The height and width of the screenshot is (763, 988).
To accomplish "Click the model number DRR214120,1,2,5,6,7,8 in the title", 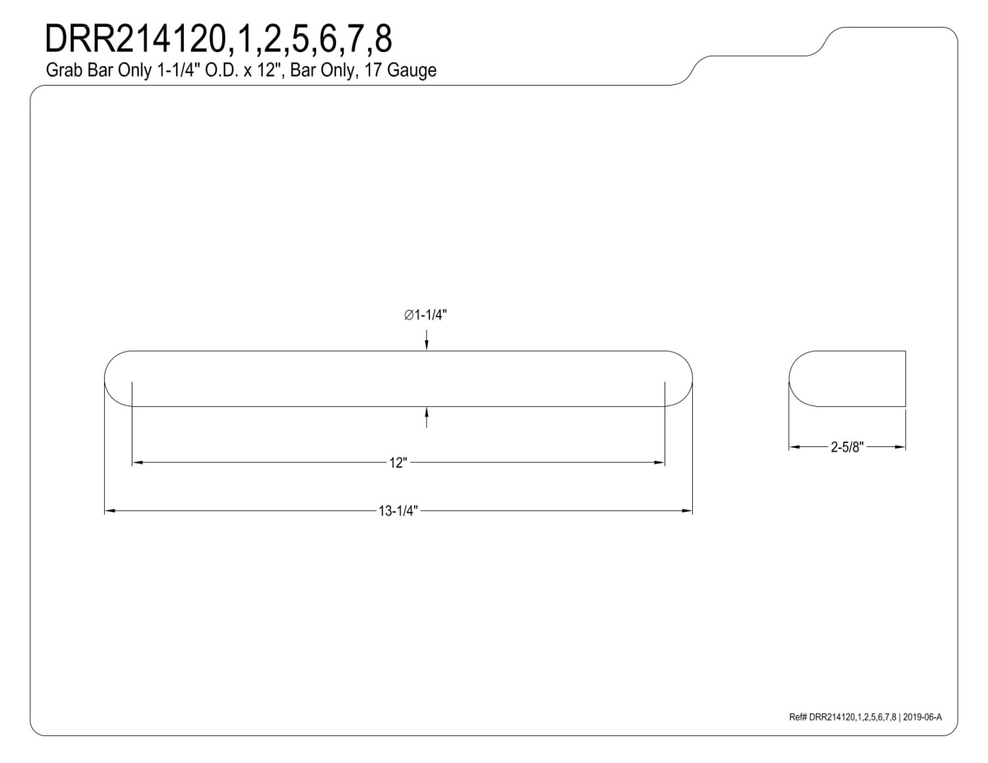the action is (218, 39).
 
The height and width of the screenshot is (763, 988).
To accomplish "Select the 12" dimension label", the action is (398, 463).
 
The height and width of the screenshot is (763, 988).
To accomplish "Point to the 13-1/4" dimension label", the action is (398, 512).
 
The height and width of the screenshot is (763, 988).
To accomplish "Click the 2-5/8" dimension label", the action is (847, 447).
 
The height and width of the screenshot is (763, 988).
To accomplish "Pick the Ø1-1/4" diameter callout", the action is (425, 315).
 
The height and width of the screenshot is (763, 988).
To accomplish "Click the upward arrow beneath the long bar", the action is (426, 417).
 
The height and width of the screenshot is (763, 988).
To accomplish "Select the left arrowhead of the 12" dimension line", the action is (138, 463).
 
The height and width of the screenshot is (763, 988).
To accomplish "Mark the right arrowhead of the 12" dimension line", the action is (659, 463).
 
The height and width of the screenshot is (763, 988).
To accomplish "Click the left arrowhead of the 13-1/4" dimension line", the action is (110, 511).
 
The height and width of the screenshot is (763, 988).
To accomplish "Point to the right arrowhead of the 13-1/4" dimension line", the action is (687, 511).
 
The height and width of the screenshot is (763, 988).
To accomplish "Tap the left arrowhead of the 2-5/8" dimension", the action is (794, 447).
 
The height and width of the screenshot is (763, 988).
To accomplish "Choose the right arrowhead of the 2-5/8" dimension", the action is (900, 447).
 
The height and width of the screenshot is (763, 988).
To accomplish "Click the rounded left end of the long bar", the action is (105, 379).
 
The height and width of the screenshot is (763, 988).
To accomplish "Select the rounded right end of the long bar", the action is (692, 379).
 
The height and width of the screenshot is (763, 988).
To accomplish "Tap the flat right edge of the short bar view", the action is (906, 379).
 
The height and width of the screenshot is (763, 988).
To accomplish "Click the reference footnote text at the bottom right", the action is (865, 717).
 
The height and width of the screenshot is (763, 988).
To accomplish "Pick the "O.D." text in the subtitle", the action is (221, 70).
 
